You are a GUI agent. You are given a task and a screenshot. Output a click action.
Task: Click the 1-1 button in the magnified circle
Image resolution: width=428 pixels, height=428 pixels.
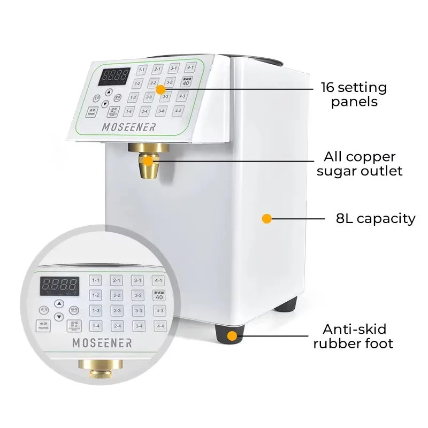[x=96, y=280]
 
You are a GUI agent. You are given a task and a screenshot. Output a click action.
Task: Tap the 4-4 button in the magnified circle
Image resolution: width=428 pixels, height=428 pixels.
[x=159, y=326]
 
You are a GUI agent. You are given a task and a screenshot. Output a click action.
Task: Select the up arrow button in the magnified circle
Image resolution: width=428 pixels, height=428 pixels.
[x=59, y=302]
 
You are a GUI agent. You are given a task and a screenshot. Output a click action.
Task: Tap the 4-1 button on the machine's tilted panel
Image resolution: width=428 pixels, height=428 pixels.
[x=190, y=67]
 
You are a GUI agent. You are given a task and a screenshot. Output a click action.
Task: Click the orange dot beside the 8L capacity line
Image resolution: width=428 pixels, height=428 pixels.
[x=266, y=219]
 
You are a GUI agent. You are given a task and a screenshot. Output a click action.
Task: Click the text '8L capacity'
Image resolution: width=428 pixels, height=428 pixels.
[x=375, y=218]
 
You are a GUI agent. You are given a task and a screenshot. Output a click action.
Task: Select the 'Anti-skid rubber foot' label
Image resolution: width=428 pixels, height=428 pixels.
[x=353, y=336]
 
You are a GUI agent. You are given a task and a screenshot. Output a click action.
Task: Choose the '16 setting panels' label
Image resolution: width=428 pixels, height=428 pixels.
[x=354, y=94]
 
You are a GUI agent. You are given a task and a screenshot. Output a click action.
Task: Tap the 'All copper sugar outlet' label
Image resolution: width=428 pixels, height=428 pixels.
[x=359, y=164]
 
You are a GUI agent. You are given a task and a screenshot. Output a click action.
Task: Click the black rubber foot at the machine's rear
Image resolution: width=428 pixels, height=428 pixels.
[x=289, y=305]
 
